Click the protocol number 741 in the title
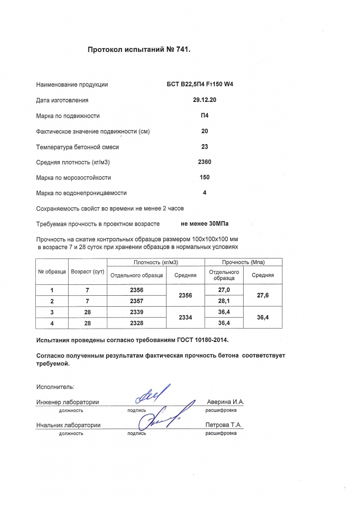[181, 50]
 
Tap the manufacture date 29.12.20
[204, 100]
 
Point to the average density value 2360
[204, 162]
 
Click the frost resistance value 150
[204, 177]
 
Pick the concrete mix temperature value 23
[204, 147]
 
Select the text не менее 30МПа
[205, 224]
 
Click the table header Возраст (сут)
[88, 272]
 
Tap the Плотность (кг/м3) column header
[156, 262]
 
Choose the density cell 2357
[136, 301]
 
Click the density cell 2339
[136, 312]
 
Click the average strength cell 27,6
[263, 295]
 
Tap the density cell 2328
[136, 323]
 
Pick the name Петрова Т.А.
[224, 425]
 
